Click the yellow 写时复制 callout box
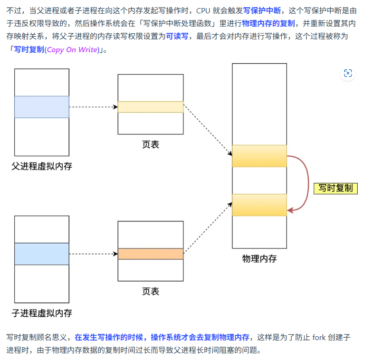coord(335,188)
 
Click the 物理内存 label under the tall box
coord(259,259)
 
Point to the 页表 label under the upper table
coord(151,144)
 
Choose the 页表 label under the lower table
coord(151,291)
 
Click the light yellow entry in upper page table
coord(151,107)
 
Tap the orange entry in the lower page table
coord(151,254)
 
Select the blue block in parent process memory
coord(42,107)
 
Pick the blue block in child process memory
coord(42,254)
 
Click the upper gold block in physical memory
coord(259,156)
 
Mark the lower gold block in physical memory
coord(259,205)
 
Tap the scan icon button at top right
coord(348,73)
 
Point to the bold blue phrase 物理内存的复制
coord(268,23)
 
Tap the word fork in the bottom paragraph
coord(318,338)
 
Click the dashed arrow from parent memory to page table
coord(93,107)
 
